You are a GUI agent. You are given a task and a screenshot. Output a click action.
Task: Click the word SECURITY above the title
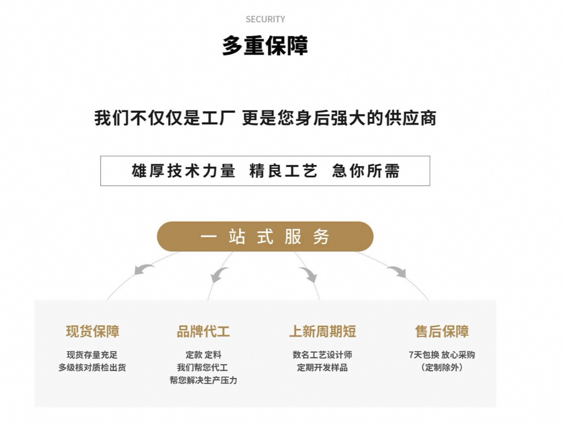265,19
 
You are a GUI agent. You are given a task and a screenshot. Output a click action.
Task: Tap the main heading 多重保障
265,46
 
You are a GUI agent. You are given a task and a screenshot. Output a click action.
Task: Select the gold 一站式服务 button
265,237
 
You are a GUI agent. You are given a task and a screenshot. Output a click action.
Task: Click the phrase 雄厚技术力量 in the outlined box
183,171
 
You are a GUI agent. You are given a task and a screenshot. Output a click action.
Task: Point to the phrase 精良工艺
283,171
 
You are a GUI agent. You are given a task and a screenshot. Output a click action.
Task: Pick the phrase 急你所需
366,171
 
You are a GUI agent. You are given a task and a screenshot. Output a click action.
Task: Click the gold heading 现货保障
93,331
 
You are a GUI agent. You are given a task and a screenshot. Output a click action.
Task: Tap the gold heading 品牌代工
203,331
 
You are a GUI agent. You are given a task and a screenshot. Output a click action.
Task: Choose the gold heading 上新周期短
323,331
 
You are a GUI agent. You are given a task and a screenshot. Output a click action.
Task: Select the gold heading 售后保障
442,331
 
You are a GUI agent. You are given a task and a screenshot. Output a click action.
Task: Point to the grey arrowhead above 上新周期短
310,276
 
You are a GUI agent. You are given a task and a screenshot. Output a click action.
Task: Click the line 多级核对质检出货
92,367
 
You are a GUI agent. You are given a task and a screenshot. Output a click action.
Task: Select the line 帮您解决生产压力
203,380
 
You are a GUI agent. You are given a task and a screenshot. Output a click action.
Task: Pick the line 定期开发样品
322,367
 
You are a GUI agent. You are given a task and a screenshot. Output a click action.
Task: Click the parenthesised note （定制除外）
442,367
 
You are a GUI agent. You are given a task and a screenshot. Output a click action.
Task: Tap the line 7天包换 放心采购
442,354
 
